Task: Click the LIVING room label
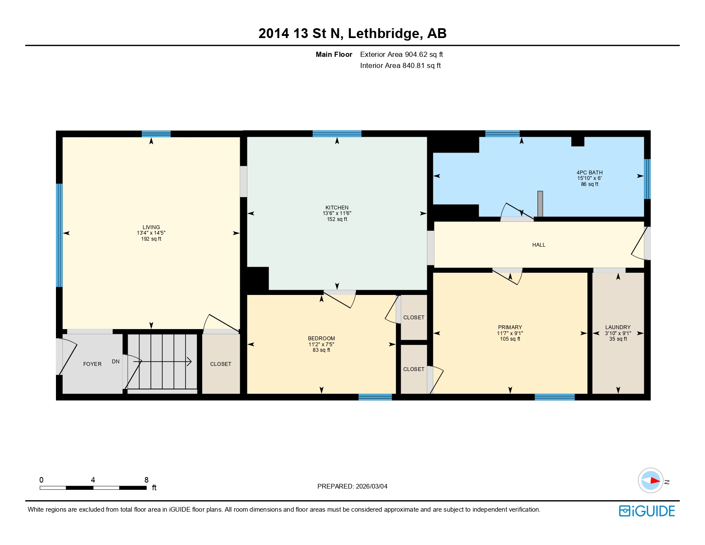coord(151,227)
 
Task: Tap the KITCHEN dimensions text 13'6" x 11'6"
coord(337,213)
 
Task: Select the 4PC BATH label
coord(589,173)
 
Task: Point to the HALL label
coord(539,245)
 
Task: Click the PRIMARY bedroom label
coord(510,327)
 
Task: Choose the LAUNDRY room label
coord(618,327)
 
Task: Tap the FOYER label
coord(92,364)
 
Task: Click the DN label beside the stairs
coord(116,362)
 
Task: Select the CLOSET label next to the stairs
coord(220,364)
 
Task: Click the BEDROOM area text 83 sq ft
coord(321,350)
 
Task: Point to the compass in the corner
coord(651,480)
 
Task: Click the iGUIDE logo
coord(647,511)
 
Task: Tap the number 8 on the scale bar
coord(147,480)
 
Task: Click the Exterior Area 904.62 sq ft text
coord(401,54)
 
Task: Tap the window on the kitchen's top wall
coord(337,133)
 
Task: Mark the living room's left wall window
coord(59,235)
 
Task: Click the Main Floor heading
coord(334,54)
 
